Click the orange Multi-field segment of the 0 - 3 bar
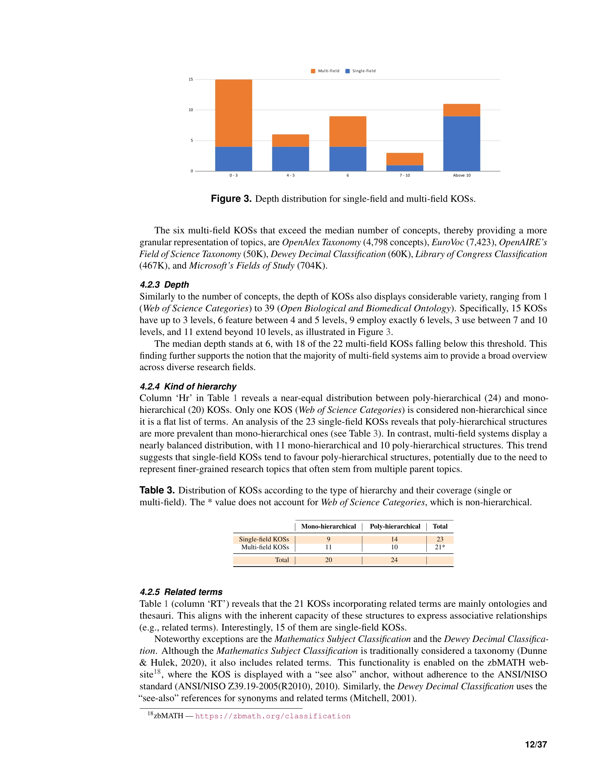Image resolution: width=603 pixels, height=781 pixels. click(x=233, y=113)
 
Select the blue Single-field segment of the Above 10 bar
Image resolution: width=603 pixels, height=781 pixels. click(x=461, y=143)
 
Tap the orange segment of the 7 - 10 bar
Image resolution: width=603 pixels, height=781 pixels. click(x=404, y=159)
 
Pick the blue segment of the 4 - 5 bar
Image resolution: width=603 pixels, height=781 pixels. click(x=290, y=159)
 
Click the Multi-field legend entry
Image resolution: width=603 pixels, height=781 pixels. click(x=325, y=71)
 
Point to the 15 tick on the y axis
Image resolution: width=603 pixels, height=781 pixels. click(x=191, y=80)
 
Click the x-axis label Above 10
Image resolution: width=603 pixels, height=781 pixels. click(x=461, y=175)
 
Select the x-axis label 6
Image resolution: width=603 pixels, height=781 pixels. click(x=347, y=175)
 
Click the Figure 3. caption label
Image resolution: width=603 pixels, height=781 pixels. click(x=231, y=199)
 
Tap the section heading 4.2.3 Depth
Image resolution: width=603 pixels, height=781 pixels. click(x=164, y=285)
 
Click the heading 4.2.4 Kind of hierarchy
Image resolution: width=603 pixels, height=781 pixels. click(x=188, y=387)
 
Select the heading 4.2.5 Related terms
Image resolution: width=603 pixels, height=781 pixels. click(x=181, y=592)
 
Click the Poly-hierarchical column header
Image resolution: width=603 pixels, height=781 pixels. click(x=395, y=526)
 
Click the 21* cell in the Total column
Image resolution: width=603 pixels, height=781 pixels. click(x=440, y=547)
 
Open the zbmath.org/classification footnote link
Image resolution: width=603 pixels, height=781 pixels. click(x=273, y=716)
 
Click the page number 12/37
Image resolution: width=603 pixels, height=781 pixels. click(x=536, y=745)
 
